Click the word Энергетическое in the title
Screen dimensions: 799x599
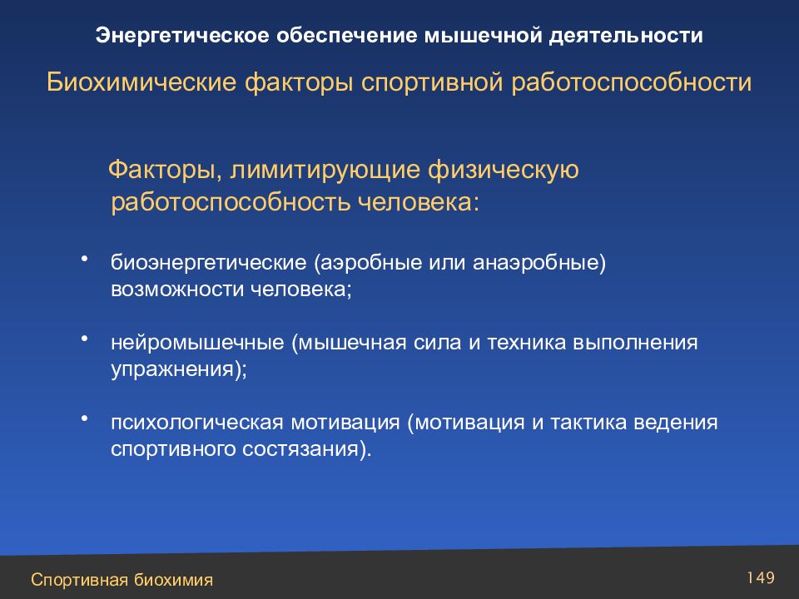click(182, 36)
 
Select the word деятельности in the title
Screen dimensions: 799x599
click(626, 36)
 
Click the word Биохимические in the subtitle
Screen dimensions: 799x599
click(141, 82)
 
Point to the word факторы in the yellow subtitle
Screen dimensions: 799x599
click(299, 83)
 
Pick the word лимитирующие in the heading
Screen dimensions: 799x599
click(325, 170)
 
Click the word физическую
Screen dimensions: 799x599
click(504, 170)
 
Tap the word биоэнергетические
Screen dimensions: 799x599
click(208, 263)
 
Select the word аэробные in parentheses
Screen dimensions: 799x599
click(368, 263)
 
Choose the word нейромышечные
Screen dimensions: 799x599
click(198, 343)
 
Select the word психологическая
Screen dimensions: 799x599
click(196, 423)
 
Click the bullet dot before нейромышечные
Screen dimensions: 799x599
click(85, 339)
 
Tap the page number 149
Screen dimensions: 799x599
click(761, 577)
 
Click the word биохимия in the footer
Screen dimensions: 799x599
click(173, 580)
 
